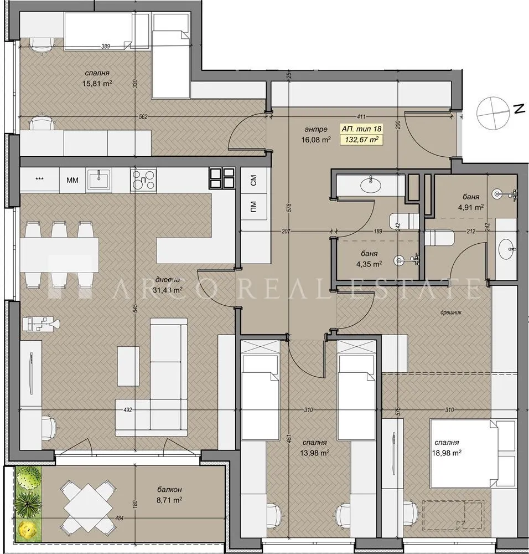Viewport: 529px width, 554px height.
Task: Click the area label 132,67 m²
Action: [362, 140]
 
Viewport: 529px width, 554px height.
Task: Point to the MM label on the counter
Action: [72, 179]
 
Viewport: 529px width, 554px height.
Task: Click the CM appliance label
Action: [253, 179]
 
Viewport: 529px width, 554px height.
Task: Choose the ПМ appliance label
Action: [253, 208]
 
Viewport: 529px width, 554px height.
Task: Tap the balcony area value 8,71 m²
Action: [169, 500]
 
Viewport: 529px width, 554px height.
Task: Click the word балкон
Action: [169, 490]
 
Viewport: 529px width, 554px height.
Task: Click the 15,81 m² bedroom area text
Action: [96, 84]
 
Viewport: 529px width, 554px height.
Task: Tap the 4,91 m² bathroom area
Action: [471, 207]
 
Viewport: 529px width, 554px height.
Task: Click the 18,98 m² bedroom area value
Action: [448, 453]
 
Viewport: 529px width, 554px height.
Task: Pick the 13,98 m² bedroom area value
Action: [315, 453]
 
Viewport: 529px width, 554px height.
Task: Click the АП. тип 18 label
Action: [361, 129]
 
